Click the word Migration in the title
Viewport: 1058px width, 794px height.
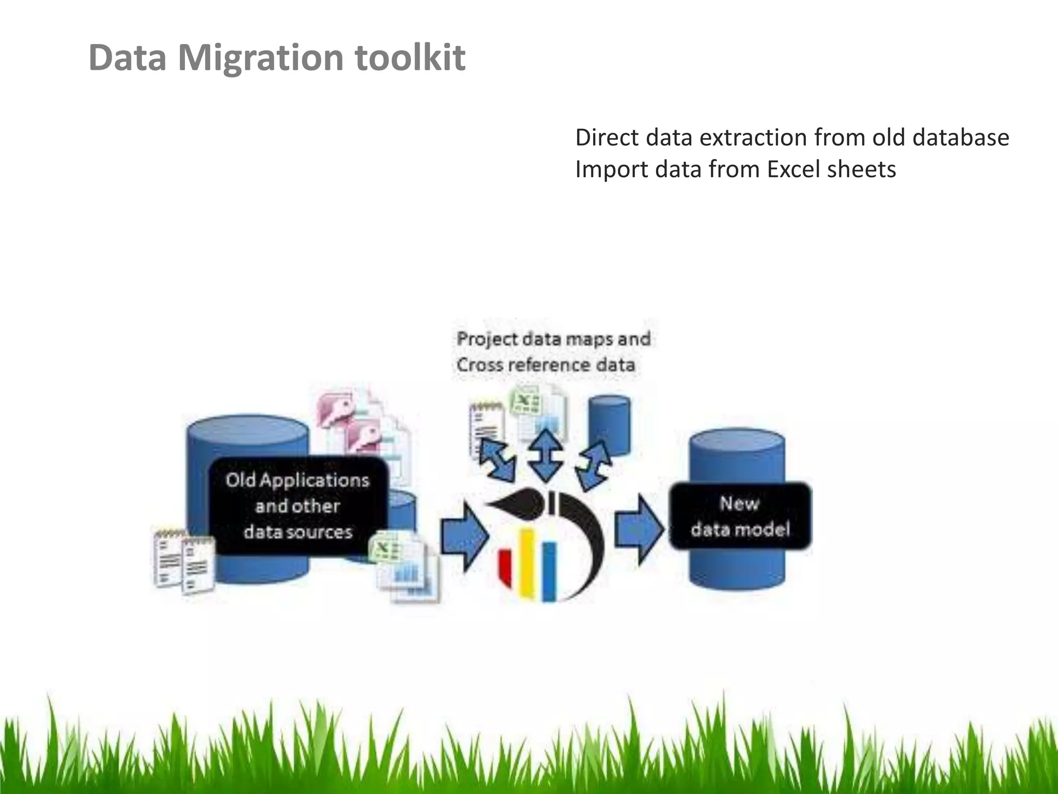click(261, 57)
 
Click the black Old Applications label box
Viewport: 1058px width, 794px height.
click(298, 506)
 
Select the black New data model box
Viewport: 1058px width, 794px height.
click(740, 516)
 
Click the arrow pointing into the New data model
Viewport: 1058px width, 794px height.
click(639, 529)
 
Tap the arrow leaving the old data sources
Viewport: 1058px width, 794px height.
click(464, 534)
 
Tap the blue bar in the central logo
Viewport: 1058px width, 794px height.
click(549, 571)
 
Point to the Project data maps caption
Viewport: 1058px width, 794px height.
click(553, 339)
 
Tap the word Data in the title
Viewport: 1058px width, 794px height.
click(127, 57)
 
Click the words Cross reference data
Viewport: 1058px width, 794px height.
click(546, 365)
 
